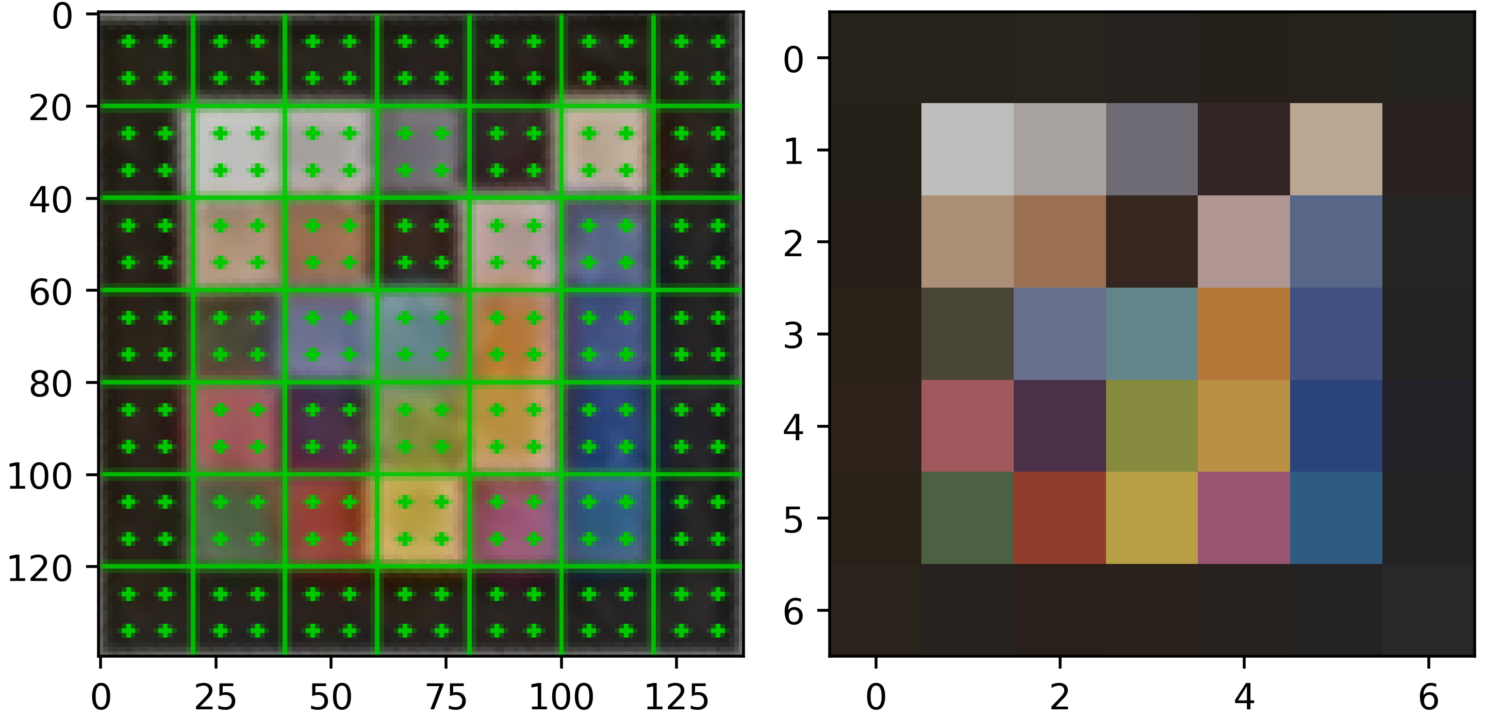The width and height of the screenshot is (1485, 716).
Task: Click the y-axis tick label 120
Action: tap(39, 569)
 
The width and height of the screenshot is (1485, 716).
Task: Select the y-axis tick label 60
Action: tap(51, 292)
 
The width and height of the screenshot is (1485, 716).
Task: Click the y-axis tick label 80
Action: tap(51, 385)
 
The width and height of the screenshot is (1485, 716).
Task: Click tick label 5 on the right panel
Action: tap(793, 520)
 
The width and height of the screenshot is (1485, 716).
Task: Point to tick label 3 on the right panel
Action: tap(793, 336)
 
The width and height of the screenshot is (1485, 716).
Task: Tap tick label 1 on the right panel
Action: tap(793, 152)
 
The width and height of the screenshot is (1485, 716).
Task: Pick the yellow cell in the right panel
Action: tap(1151, 518)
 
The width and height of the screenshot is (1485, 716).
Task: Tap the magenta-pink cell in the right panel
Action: tap(1244, 518)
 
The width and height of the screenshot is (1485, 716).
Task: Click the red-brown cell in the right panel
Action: tap(1060, 518)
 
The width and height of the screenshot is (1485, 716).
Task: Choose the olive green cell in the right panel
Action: tap(1151, 425)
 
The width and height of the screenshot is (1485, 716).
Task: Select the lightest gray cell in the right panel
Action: tap(967, 149)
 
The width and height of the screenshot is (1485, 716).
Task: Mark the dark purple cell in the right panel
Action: tap(1060, 425)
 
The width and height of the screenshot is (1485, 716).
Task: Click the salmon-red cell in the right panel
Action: tap(967, 425)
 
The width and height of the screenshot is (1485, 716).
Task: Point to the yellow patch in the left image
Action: tap(421, 519)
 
